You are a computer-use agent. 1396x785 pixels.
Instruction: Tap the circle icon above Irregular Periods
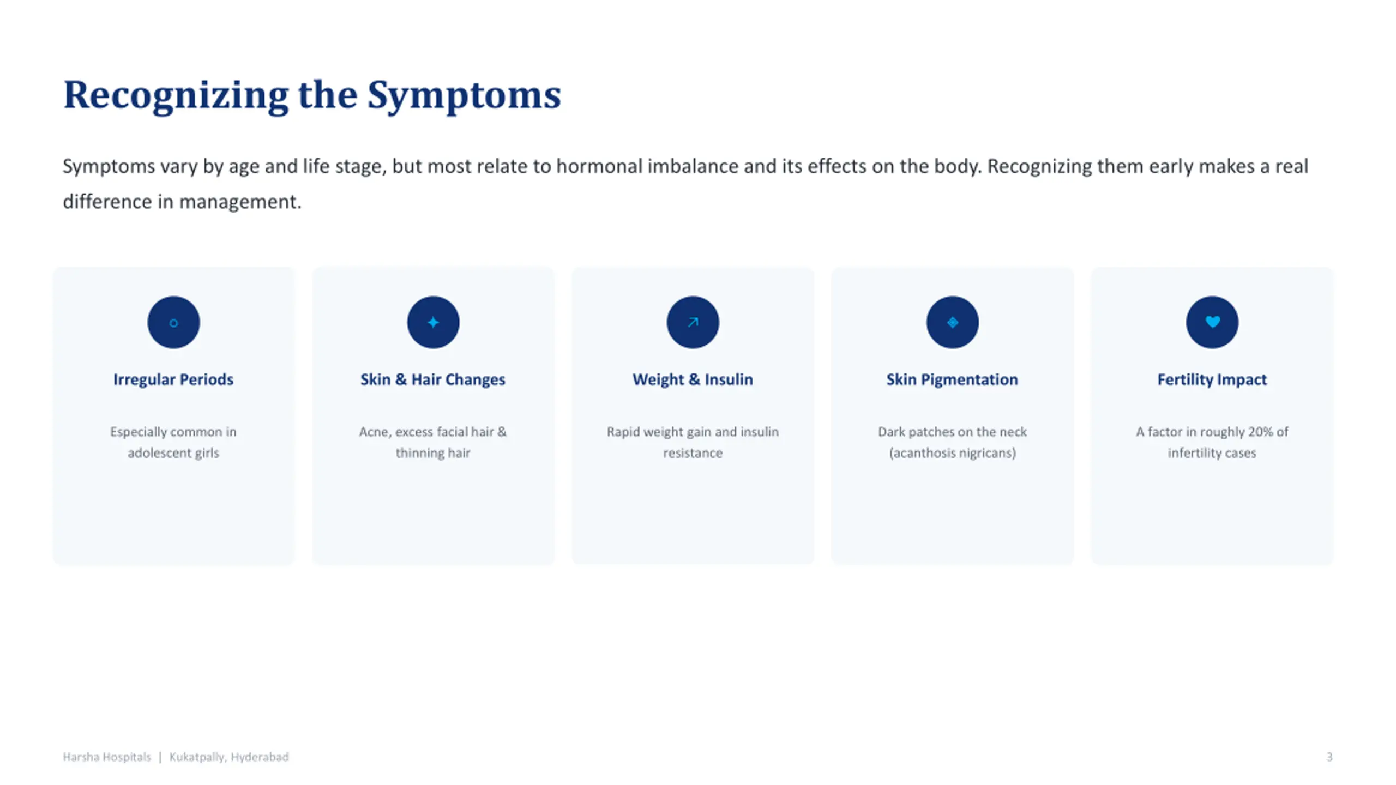173,323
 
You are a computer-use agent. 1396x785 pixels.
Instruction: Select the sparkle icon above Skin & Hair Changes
433,323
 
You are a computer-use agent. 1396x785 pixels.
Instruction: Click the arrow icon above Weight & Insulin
693,323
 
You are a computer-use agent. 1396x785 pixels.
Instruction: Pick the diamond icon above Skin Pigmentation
952,323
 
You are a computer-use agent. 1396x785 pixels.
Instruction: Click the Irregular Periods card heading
173,379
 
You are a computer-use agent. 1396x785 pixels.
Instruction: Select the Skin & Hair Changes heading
433,379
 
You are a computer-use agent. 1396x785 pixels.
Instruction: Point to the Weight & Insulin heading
693,379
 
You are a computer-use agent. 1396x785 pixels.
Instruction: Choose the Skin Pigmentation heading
952,379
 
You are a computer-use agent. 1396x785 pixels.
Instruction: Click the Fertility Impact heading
1212,379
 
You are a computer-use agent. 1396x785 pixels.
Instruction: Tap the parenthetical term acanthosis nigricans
952,453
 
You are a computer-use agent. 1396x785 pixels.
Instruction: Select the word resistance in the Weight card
693,453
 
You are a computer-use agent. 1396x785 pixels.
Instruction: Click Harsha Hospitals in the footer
107,757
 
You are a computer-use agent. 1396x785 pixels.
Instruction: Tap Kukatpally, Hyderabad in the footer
229,757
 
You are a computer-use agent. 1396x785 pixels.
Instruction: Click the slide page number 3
1329,757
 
